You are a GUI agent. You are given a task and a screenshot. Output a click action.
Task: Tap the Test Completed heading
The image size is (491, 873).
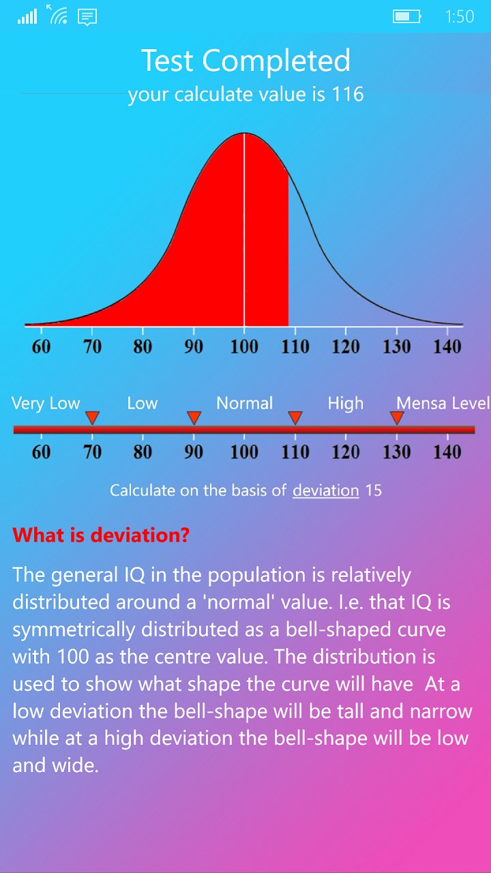tap(245, 61)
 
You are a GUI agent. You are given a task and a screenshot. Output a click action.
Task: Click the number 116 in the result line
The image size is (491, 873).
tap(348, 94)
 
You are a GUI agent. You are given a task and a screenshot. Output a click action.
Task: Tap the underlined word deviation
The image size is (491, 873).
tap(325, 490)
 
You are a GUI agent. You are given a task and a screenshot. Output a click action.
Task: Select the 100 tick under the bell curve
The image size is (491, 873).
tap(244, 346)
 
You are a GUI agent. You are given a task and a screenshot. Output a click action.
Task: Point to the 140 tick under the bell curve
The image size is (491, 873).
tap(447, 346)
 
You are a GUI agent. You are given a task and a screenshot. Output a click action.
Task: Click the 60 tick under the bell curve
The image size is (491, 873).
tap(41, 346)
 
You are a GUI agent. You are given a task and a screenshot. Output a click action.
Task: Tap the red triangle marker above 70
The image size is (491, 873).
tap(93, 417)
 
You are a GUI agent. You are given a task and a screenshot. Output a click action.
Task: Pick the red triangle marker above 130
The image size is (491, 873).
tap(397, 417)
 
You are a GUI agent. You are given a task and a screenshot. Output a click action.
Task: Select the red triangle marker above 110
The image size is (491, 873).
tap(295, 417)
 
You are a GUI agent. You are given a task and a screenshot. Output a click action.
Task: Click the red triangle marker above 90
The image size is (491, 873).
tap(194, 417)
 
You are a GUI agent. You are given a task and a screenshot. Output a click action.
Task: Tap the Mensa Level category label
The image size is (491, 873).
tap(443, 403)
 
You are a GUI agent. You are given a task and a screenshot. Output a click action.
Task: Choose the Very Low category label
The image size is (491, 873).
tap(46, 403)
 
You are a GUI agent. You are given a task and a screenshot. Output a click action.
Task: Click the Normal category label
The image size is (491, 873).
tap(244, 403)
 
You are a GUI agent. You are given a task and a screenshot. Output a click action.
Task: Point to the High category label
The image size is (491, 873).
tap(345, 403)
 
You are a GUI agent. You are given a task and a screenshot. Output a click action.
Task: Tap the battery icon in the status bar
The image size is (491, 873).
tap(406, 16)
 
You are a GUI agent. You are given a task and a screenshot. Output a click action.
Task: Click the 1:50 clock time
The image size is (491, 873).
tap(459, 16)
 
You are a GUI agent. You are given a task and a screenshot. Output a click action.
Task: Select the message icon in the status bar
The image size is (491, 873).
tap(87, 16)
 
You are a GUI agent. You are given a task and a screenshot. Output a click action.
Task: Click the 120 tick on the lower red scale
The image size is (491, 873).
tap(346, 452)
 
